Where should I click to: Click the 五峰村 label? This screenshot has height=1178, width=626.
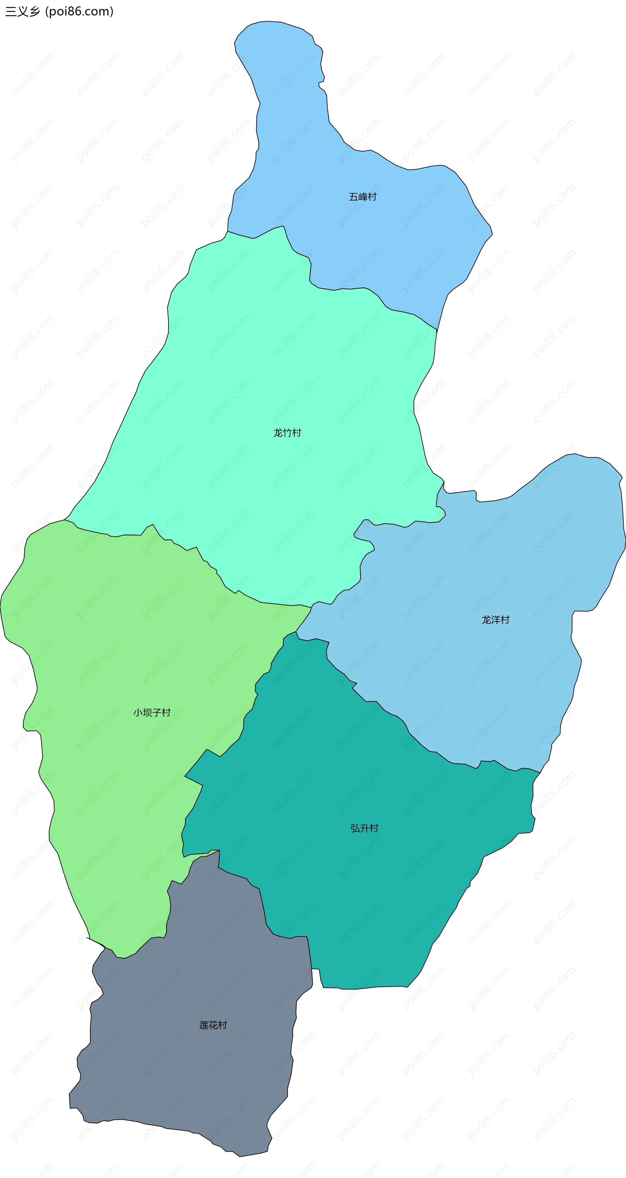coord(363,197)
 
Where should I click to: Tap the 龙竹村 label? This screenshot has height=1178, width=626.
coord(287,432)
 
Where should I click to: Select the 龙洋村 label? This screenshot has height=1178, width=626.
coord(495,620)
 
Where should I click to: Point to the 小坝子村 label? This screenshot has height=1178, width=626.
coord(152,712)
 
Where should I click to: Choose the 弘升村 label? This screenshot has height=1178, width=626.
coord(365,828)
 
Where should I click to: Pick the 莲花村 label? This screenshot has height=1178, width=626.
coord(213,1025)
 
